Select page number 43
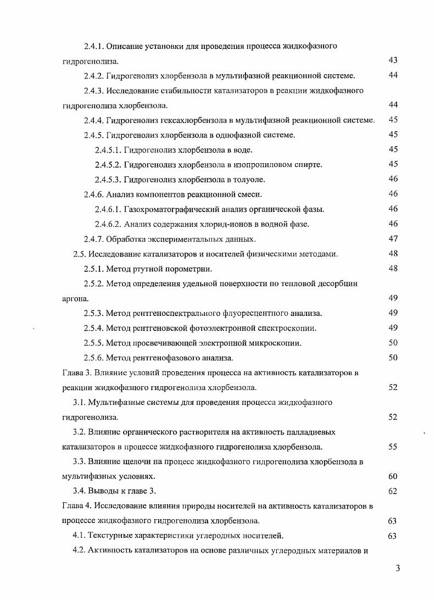point(392,60)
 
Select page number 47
point(392,239)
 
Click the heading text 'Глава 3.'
point(76,372)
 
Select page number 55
point(392,447)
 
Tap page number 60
point(392,476)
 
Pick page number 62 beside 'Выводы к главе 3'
point(392,491)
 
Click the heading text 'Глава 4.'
point(76,506)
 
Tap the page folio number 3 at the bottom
point(397,568)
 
